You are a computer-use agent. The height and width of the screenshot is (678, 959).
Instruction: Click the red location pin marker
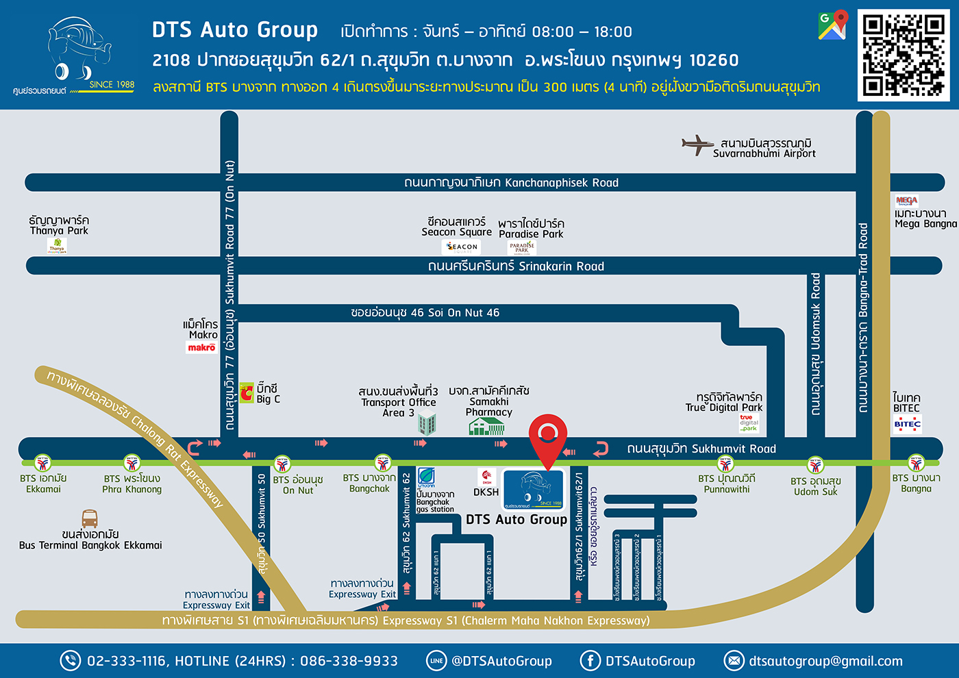point(547,438)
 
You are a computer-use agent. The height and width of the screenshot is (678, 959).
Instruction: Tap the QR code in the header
point(903,55)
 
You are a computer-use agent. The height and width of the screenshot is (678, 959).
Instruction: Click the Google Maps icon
point(833,25)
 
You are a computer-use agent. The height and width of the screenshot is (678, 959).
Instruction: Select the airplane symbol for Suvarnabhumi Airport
point(697,145)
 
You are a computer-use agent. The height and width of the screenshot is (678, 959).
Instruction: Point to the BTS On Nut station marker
point(282,464)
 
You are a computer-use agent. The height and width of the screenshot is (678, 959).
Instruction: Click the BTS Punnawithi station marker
point(725,464)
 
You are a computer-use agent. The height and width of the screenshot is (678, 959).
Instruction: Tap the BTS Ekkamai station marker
point(43,464)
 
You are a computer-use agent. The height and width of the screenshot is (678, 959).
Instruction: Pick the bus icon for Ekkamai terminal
point(90,518)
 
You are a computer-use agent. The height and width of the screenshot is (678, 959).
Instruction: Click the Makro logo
point(202,348)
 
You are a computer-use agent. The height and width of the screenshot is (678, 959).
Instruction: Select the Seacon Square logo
point(462,247)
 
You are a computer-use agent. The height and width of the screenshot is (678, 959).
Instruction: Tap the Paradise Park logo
point(522,248)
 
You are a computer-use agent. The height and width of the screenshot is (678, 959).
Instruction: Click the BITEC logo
point(907,424)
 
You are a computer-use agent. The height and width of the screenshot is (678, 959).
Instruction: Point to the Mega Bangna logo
point(906,201)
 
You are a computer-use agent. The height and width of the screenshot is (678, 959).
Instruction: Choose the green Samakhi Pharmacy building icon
point(486,427)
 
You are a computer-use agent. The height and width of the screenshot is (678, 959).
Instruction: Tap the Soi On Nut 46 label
point(425,313)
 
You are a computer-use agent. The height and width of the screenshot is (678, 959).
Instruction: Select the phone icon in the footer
point(71,661)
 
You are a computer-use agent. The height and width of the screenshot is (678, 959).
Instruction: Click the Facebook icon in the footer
point(590,661)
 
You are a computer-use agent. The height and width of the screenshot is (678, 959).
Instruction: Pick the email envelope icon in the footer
point(734,661)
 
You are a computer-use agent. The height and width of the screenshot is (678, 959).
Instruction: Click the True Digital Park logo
point(749,423)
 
